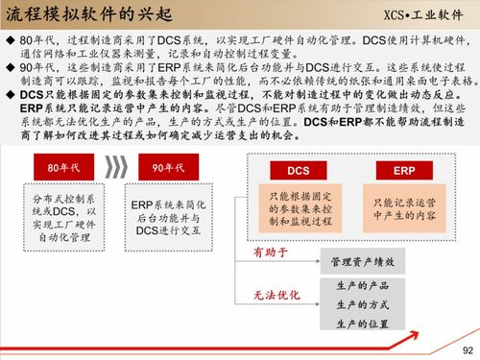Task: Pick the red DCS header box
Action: point(299,170)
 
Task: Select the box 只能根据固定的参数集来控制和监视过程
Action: point(299,208)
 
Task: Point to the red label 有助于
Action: point(270,252)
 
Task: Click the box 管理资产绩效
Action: point(362,261)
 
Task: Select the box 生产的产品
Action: point(362,286)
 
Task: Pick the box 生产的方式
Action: point(362,304)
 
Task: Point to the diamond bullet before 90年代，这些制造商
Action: point(9,69)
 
